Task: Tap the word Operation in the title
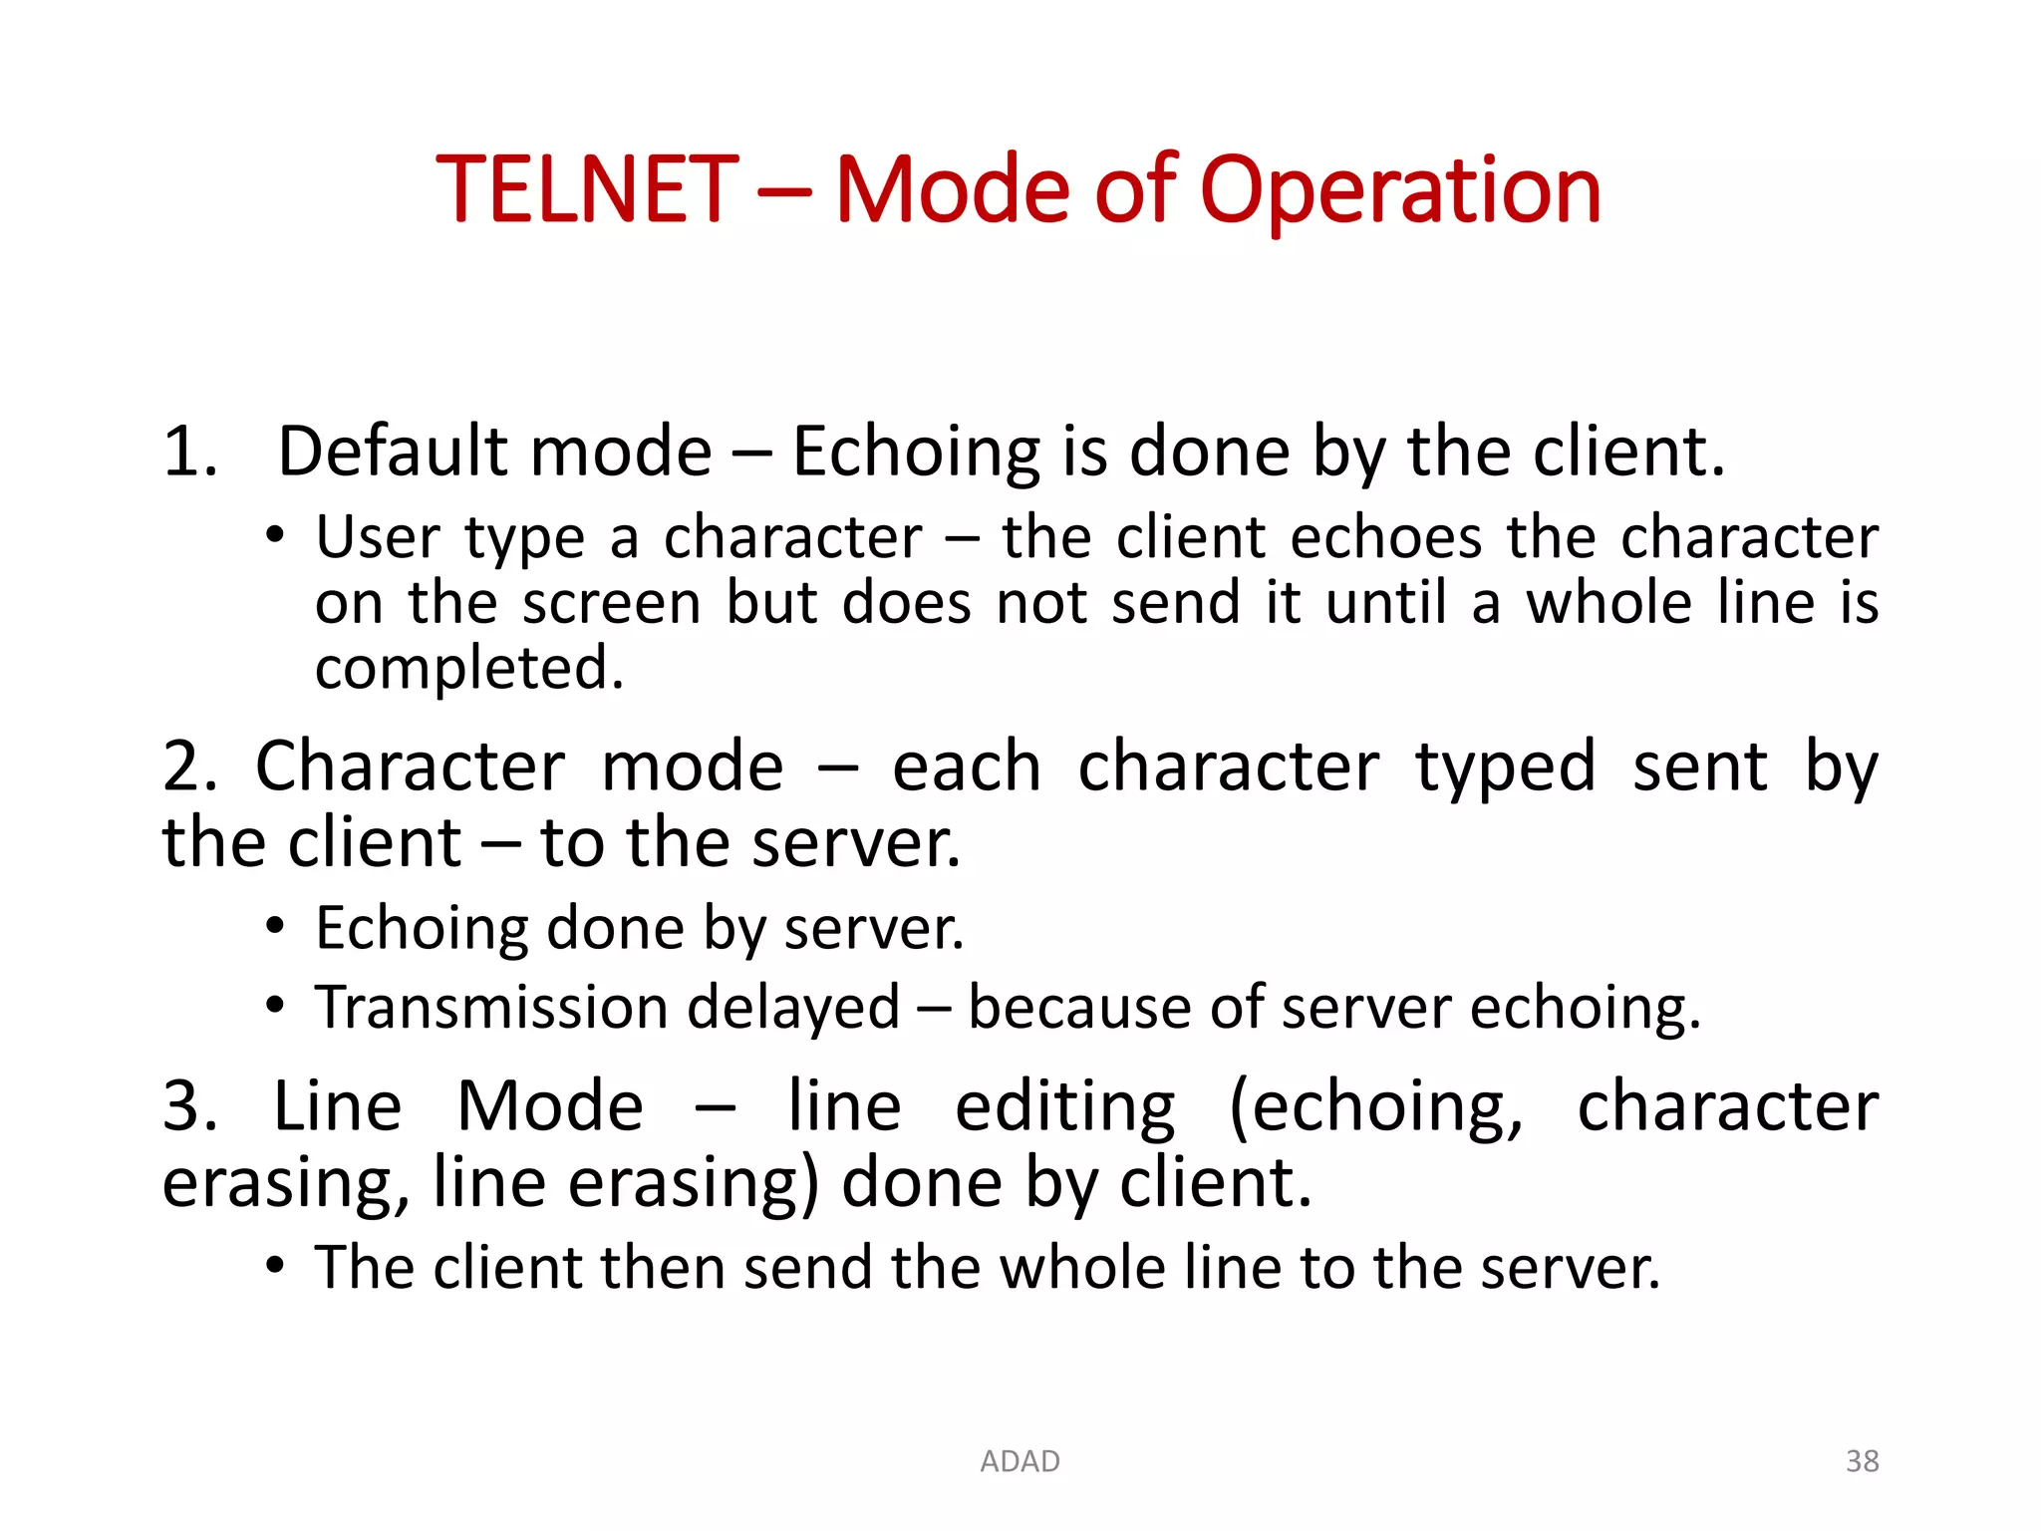pos(1399,191)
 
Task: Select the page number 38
pos(1862,1461)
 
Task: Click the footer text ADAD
pos(1020,1461)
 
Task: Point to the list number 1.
pos(189,453)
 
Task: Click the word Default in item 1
pos(393,453)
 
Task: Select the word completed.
pos(468,669)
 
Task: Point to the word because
pos(1079,1008)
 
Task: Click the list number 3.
pos(189,1107)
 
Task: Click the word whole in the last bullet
pos(1082,1268)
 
